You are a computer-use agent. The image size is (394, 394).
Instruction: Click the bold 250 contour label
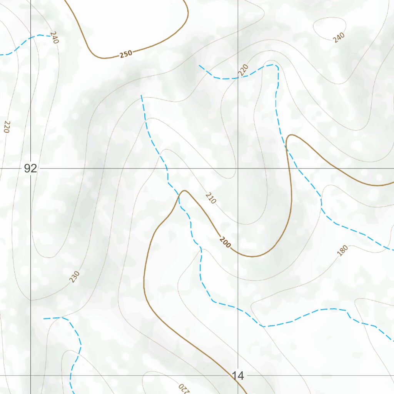coord(126,54)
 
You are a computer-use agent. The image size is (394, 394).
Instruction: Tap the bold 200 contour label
coord(225,242)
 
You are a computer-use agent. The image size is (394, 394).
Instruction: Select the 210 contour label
coord(211,198)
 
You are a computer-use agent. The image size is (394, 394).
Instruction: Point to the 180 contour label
coord(342,250)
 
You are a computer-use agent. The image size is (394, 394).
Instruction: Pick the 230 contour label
coord(75,276)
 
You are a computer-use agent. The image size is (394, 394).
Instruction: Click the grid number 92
coord(30,169)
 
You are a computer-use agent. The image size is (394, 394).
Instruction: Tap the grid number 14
coord(238,376)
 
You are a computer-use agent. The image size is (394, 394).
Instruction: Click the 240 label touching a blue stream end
coord(54,37)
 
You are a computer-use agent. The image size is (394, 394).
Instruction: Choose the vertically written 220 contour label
coord(7,127)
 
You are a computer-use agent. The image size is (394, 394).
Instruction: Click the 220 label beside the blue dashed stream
coord(243,70)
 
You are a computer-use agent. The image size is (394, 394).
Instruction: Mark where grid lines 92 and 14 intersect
coord(238,169)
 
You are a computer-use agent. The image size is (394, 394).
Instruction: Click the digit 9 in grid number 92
coord(27,169)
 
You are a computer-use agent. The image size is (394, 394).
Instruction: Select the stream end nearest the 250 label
coord(142,95)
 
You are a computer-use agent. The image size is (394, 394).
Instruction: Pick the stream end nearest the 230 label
coord(44,319)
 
